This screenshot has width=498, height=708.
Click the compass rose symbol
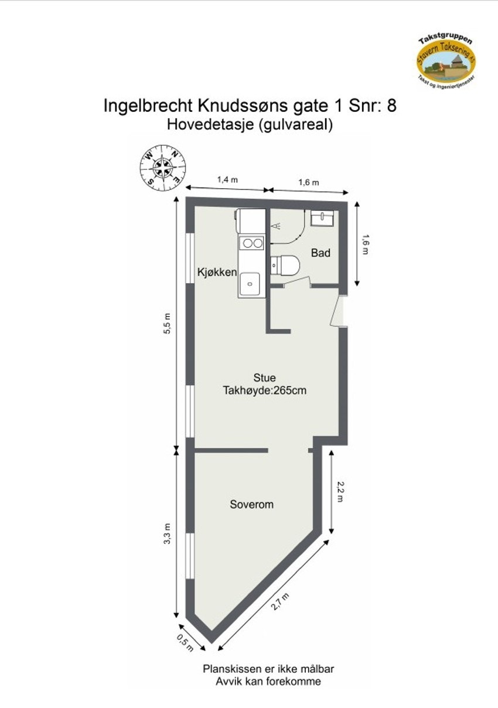tap(163, 168)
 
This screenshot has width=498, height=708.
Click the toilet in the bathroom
tap(285, 265)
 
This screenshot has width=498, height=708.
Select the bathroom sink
tap(322, 218)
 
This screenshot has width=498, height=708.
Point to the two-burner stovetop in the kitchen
tap(252, 243)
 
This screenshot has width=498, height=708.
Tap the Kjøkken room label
tap(217, 272)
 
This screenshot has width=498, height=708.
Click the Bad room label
tap(320, 253)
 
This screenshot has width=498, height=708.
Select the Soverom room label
tap(251, 504)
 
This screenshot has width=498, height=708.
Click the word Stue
tap(264, 377)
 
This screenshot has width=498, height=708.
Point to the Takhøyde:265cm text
tap(264, 390)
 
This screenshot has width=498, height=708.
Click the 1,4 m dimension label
tap(227, 181)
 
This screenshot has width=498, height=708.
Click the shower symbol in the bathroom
tap(277, 226)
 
